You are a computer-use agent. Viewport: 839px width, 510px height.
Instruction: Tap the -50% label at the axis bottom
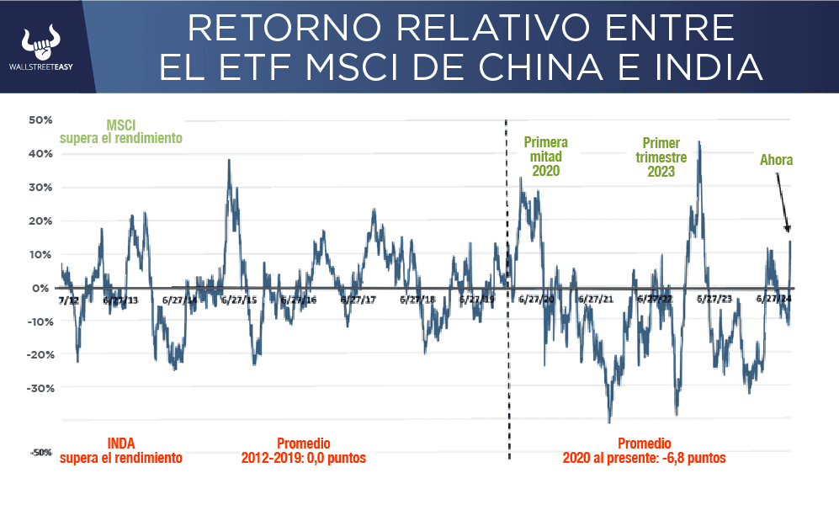click(41, 453)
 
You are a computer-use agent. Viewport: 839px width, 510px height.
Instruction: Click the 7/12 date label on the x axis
click(69, 300)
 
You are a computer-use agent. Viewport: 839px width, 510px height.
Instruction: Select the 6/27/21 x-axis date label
click(596, 300)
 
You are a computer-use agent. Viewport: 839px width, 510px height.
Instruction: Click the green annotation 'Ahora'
click(776, 160)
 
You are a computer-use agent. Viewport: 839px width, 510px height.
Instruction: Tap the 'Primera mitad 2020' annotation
click(545, 157)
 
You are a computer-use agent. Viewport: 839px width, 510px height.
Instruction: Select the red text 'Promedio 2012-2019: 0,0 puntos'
click(304, 451)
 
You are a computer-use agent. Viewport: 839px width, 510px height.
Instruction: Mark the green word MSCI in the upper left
click(121, 125)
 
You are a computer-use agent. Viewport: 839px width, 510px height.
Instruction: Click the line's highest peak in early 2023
click(698, 143)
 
